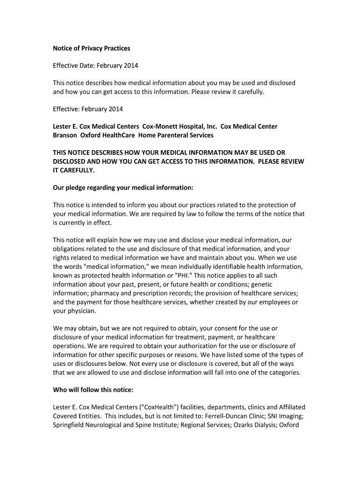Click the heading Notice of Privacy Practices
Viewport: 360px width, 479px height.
(91, 48)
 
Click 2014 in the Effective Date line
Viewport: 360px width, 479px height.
(130, 65)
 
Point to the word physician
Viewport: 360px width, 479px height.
(81, 311)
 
